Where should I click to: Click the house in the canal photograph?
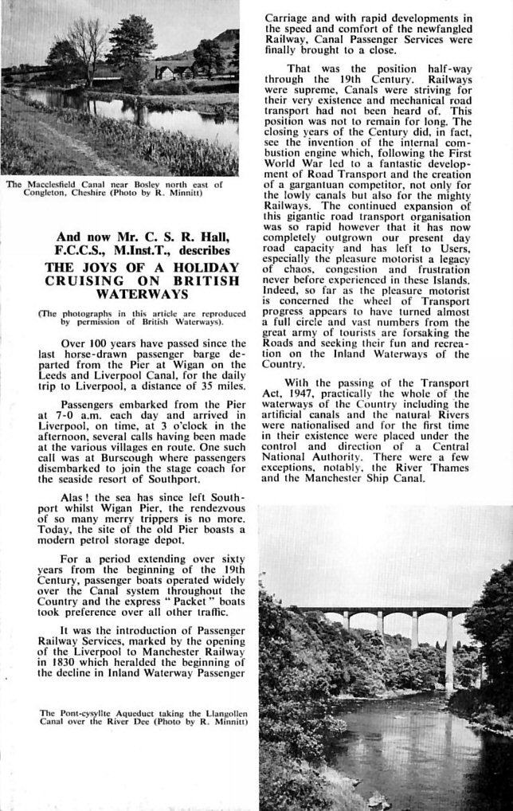(x=169, y=72)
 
